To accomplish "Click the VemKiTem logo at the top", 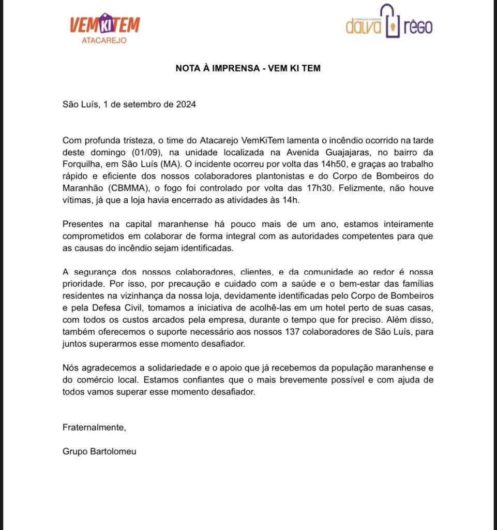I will point(104,25).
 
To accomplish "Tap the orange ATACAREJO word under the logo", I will point(104,40).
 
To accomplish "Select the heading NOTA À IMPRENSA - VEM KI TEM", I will point(248,68).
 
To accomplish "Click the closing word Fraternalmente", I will point(94,428).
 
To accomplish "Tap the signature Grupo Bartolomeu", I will point(99,451).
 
